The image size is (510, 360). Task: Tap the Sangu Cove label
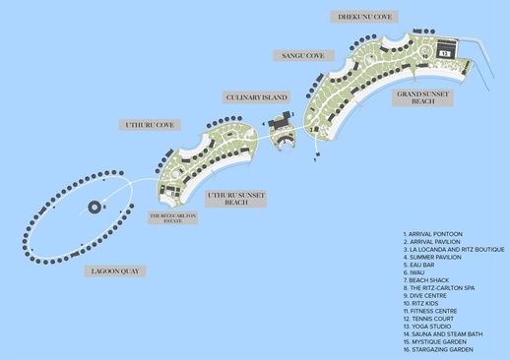click(x=302, y=56)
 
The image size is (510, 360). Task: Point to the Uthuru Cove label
click(x=149, y=125)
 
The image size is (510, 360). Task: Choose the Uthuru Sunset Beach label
click(x=235, y=199)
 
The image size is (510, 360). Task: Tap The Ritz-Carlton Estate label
click(x=172, y=217)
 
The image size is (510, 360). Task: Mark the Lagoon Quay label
click(x=110, y=269)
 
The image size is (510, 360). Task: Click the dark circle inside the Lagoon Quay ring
click(x=95, y=208)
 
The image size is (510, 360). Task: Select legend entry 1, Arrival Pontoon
click(x=434, y=234)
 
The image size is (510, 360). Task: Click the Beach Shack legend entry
click(x=431, y=279)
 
